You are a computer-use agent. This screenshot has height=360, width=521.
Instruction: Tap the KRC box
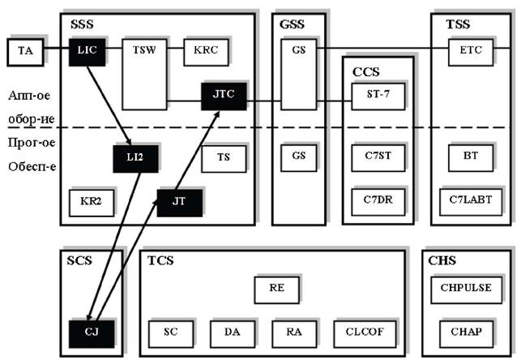click(206, 51)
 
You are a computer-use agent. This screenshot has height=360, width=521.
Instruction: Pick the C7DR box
click(377, 199)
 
